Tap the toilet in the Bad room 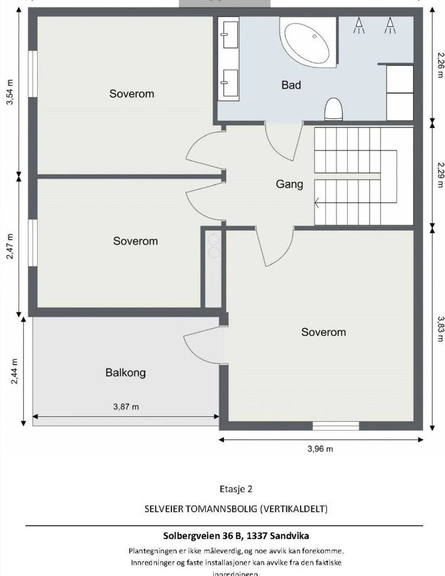tap(333, 109)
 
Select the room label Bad tap(291, 85)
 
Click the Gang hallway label tap(289, 184)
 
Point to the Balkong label tap(126, 373)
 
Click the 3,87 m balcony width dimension tap(126, 407)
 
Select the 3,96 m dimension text tap(320, 449)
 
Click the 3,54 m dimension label tap(9, 93)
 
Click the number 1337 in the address tap(254, 536)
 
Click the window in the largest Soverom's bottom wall tap(336, 426)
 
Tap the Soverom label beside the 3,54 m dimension tap(131, 94)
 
